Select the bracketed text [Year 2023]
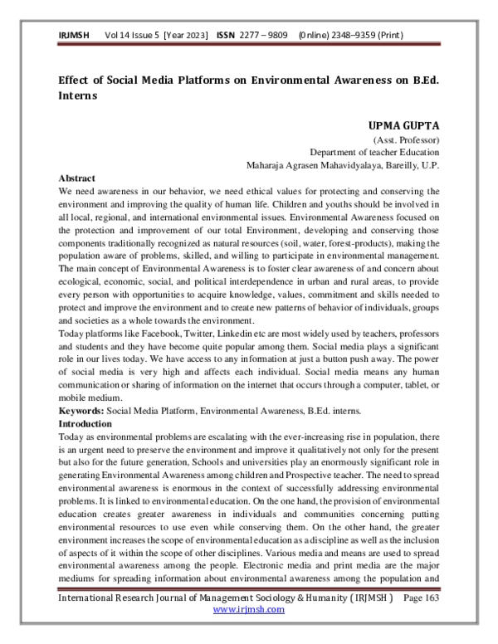(x=188, y=37)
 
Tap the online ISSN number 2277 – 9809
(x=266, y=37)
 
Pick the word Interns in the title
(x=77, y=95)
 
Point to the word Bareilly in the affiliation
(x=402, y=165)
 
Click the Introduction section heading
(x=88, y=423)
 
